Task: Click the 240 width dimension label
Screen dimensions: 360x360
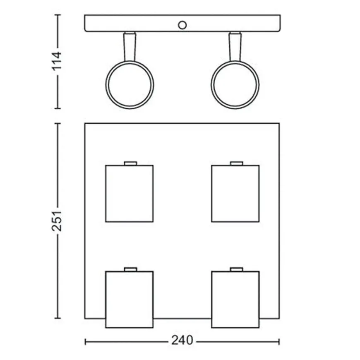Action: [182, 340]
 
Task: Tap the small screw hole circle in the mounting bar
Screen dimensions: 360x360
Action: [182, 25]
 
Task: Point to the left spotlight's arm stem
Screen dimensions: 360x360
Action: [130, 47]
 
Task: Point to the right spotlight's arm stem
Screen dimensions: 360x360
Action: [235, 47]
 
